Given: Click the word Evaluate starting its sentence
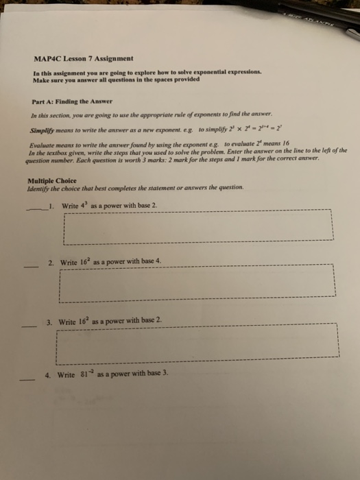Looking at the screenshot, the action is [45, 145].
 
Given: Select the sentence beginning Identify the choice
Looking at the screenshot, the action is [114, 189].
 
